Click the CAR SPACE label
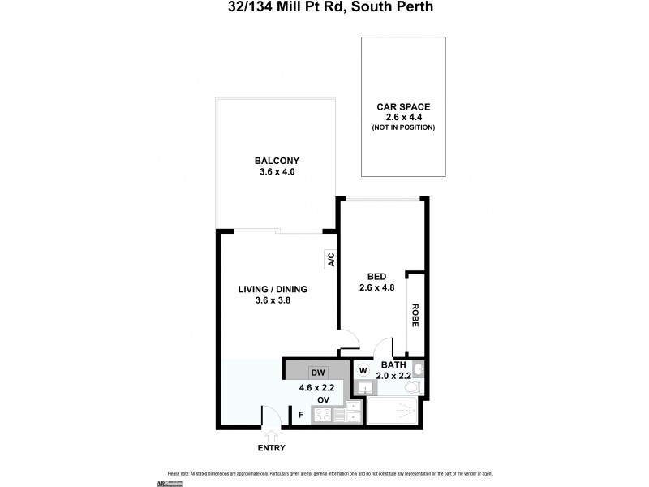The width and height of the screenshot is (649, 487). coord(403,106)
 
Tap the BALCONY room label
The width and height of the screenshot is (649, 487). coord(273,160)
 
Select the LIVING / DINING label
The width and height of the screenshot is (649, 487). coord(273,289)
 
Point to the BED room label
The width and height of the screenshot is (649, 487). coord(376,275)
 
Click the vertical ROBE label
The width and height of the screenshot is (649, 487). coord(415,315)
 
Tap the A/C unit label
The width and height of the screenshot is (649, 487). coord(331,261)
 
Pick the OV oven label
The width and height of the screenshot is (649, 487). coord(322,399)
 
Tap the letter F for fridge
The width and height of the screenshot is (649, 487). coord(301,416)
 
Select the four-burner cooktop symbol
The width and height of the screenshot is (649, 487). coord(322,415)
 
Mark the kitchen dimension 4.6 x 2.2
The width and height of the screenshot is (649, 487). coord(316,387)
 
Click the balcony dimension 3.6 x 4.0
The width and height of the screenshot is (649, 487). coord(273,171)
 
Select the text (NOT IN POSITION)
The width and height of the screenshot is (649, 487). coord(403,127)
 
